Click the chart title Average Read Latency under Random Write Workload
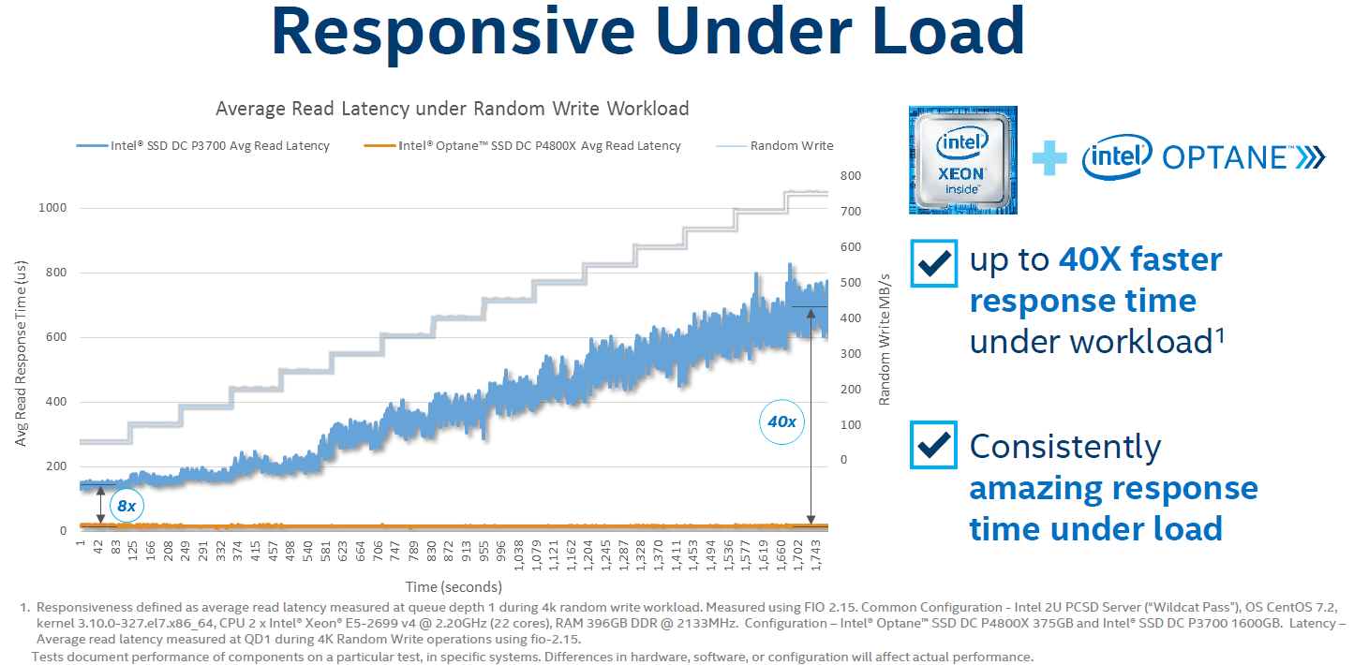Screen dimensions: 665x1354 pyautogui.click(x=452, y=109)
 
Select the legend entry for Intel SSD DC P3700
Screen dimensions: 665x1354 pyautogui.click(x=202, y=146)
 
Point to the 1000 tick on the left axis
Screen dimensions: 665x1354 pyautogui.click(x=52, y=208)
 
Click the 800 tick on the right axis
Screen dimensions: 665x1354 pyautogui.click(x=850, y=176)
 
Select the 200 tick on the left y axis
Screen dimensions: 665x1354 pyautogui.click(x=55, y=466)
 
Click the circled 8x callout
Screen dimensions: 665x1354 pyautogui.click(x=126, y=507)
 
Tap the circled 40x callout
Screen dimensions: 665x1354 pyautogui.click(x=781, y=422)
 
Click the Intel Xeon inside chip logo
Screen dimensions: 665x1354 pyautogui.click(x=962, y=160)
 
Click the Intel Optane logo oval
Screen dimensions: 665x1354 pyautogui.click(x=1116, y=158)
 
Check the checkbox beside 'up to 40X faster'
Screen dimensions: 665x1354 pyautogui.click(x=933, y=263)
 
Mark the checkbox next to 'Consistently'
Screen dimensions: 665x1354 pyautogui.click(x=933, y=445)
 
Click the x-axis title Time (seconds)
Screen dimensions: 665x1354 pyautogui.click(x=454, y=587)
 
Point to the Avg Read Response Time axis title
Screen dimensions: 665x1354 pyautogui.click(x=21, y=353)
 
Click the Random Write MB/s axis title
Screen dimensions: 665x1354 pyautogui.click(x=884, y=340)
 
